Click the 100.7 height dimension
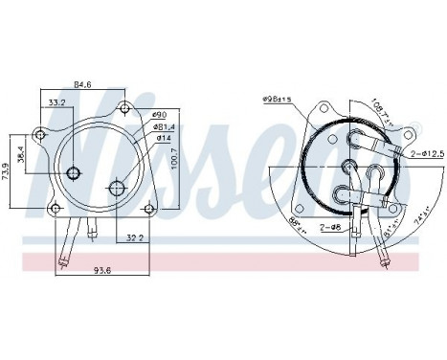(x=174, y=155)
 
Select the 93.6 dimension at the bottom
(x=92, y=269)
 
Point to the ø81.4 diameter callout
(x=163, y=127)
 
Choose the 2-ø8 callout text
(x=332, y=229)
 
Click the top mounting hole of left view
(x=123, y=106)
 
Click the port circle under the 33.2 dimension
(x=74, y=173)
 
